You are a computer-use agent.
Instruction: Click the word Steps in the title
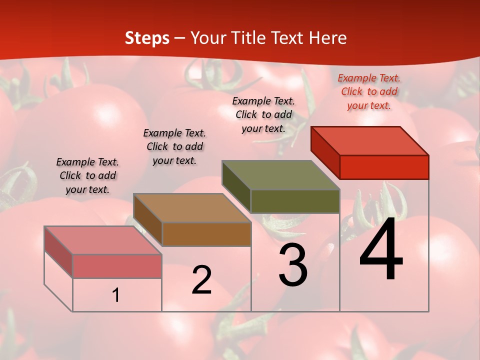click(147, 38)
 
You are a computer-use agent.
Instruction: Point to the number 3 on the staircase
click(293, 265)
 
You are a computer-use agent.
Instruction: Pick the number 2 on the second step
click(201, 280)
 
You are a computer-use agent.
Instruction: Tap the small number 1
click(116, 295)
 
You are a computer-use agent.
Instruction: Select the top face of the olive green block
click(281, 175)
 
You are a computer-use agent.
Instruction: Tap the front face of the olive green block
click(295, 201)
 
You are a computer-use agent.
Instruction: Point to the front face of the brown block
click(206, 234)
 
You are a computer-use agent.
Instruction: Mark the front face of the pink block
click(117, 266)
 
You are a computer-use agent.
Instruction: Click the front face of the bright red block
click(384, 167)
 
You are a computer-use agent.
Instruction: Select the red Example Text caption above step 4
click(369, 92)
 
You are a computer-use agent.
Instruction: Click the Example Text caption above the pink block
click(87, 175)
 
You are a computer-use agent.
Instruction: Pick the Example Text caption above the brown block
click(174, 146)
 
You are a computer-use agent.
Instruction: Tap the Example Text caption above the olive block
click(263, 114)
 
